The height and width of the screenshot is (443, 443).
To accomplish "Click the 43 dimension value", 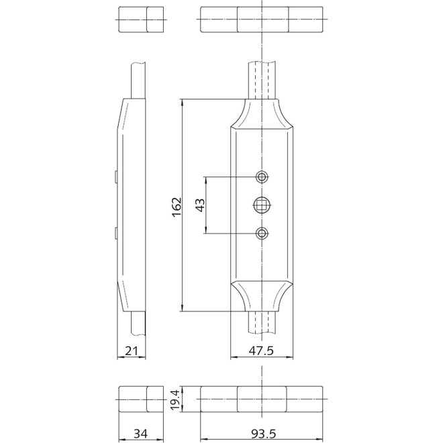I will tap(199, 205).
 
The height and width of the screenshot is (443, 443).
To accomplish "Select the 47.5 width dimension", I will tap(262, 350).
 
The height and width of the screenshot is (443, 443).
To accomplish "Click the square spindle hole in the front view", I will tap(262, 205).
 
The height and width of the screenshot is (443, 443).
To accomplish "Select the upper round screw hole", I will tap(262, 177).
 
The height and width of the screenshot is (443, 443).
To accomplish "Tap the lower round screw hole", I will tap(262, 233).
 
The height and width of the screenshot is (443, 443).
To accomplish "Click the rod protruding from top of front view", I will tap(262, 81).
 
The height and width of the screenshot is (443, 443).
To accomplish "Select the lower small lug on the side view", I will tap(117, 233).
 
